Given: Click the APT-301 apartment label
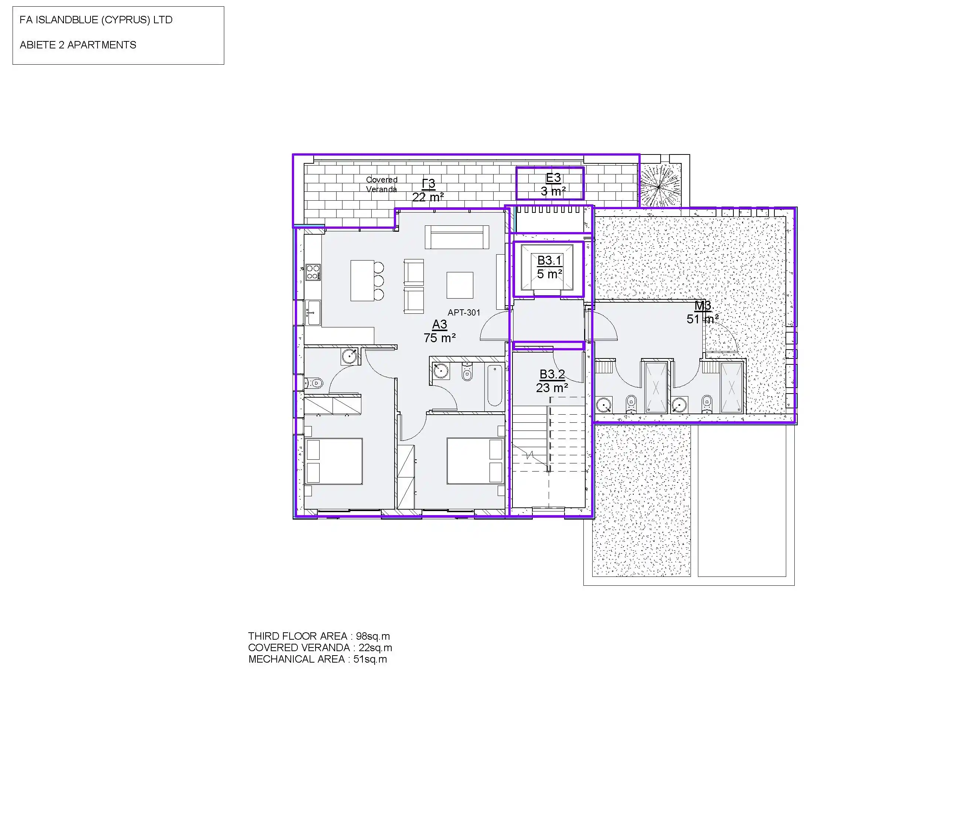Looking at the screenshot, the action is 464,312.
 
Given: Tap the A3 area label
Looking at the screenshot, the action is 440,331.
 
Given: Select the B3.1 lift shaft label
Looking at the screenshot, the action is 549,267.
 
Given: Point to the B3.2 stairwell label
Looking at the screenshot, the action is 552,381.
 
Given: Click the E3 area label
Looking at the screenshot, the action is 553,184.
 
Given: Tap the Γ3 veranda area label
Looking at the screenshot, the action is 428,190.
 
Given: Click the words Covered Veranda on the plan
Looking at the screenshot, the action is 382,184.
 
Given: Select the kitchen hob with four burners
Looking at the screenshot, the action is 313,272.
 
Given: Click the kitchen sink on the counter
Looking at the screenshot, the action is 313,312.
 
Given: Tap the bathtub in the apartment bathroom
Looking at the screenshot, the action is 495,385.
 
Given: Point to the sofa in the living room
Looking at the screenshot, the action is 457,237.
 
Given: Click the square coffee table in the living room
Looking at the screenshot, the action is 460,285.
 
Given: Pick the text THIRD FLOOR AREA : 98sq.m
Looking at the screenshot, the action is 319,636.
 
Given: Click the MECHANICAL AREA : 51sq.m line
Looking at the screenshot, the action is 318,659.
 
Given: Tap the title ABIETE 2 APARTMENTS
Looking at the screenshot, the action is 78,45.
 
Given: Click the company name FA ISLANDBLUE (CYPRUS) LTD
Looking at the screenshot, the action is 96,20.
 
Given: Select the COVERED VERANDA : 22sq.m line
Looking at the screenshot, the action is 320,648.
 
